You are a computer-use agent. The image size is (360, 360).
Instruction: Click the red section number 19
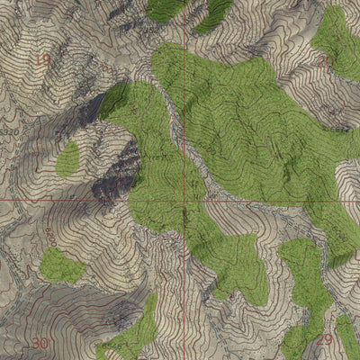coord(41,61)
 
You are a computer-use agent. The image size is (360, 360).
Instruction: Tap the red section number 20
coord(324,61)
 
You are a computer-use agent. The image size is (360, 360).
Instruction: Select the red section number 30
coord(40,344)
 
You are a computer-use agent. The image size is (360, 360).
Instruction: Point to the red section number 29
coord(325,339)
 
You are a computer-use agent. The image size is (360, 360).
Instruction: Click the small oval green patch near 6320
coord(67,159)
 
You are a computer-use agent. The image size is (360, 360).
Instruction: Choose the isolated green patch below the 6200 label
coord(60,266)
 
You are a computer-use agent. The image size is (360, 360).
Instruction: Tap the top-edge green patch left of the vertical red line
coord(166,8)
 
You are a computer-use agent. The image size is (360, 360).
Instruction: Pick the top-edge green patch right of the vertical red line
coord(213,13)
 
